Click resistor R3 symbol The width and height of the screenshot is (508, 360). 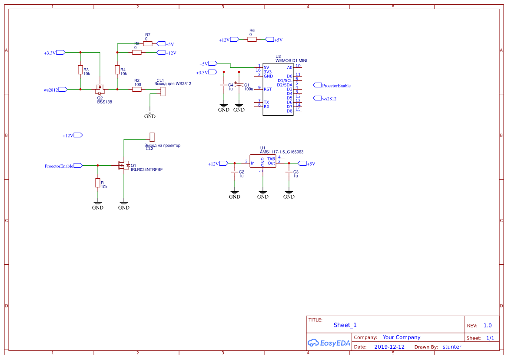(80, 70)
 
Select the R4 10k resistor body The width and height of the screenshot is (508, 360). (117, 70)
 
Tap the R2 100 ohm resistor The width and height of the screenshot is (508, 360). (137, 89)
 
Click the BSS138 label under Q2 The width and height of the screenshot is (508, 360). (105, 102)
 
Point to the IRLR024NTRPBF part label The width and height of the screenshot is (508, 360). (149, 170)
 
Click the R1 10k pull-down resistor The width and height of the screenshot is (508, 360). (98, 183)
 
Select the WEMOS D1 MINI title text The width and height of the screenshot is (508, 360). (294, 60)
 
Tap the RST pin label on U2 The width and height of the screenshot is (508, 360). (268, 89)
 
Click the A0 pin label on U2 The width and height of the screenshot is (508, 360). (290, 67)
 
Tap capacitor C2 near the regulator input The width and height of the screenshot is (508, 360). (235, 173)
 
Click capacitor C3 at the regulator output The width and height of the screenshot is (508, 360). (289, 173)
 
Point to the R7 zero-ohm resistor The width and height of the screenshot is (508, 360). (148, 44)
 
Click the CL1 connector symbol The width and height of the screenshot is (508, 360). (163, 91)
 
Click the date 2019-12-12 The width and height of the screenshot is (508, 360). (389, 347)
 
